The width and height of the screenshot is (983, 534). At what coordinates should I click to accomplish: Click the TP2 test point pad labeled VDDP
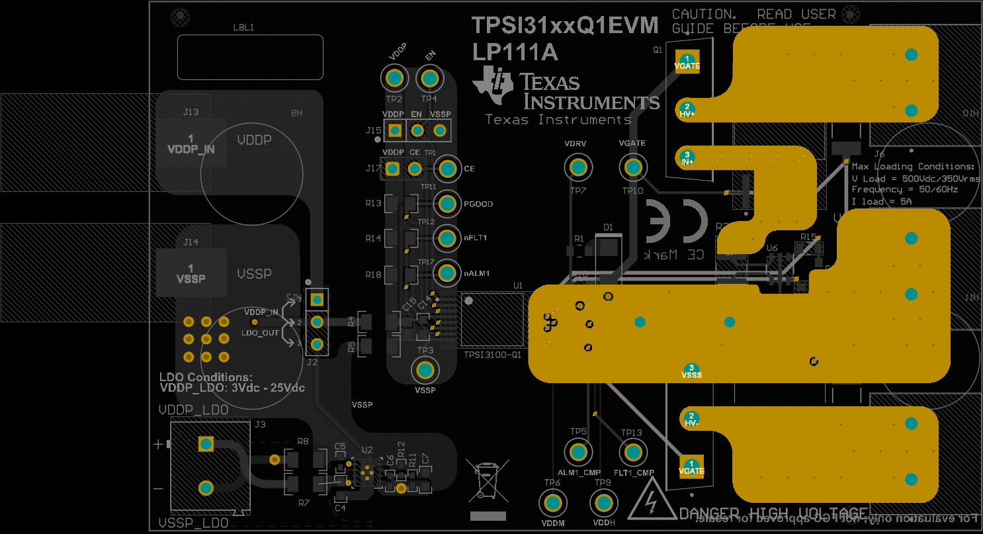(x=395, y=79)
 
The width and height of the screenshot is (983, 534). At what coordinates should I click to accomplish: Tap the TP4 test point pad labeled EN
(x=429, y=79)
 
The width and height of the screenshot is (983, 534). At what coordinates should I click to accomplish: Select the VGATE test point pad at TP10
(x=632, y=167)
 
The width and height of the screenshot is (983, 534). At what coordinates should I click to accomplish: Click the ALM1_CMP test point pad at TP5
(x=578, y=453)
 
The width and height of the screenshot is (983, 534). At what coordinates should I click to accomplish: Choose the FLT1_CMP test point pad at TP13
(x=632, y=453)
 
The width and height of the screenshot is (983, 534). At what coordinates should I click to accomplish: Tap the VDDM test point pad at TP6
(x=552, y=504)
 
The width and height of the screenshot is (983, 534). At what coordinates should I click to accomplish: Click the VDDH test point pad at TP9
(x=603, y=504)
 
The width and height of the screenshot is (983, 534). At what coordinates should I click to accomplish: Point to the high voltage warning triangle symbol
(x=652, y=501)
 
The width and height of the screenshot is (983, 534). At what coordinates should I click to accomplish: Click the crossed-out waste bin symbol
(x=488, y=479)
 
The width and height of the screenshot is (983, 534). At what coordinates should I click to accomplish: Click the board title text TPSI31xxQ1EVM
(x=565, y=25)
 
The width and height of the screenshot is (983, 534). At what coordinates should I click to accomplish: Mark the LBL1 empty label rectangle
(x=250, y=57)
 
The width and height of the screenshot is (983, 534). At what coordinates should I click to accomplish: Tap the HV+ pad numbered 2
(x=687, y=109)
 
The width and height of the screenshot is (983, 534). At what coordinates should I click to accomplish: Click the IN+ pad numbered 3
(x=687, y=157)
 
